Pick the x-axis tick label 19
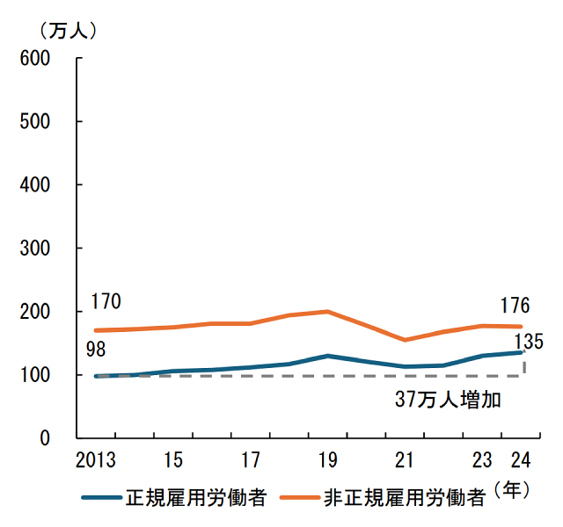pos(328,459)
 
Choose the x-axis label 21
pos(405,459)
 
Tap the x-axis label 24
pos(520,459)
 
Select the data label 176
pos(515,306)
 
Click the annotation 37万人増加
pos(447,401)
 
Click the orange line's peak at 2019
pos(328,311)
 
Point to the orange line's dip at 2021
pos(405,340)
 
